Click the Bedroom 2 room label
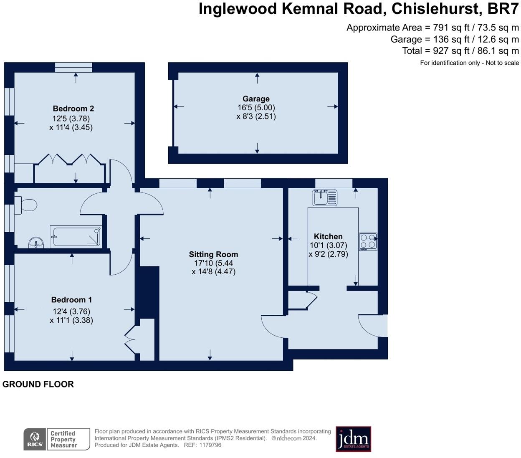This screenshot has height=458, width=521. coord(73,109)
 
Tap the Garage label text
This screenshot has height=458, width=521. coord(256,99)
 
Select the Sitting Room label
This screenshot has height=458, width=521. coord(213,254)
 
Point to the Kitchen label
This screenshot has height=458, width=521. coord(328,237)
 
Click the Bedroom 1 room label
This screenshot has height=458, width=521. coord(71,300)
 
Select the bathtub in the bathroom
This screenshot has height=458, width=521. coord(76,236)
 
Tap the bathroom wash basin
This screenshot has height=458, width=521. coord(36,242)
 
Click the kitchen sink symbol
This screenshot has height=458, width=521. coord(325,197)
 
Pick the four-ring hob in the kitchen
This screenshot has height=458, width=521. coord(368,241)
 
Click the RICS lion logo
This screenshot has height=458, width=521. coord(35,439)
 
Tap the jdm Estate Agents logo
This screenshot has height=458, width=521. coord(353,439)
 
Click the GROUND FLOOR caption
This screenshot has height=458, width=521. coord(38,384)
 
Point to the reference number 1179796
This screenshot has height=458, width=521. coord(210,445)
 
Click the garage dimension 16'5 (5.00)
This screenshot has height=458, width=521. coord(256,108)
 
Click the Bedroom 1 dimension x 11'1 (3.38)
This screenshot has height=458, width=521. coord(71,320)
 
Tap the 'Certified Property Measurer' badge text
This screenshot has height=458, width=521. coord(63,439)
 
